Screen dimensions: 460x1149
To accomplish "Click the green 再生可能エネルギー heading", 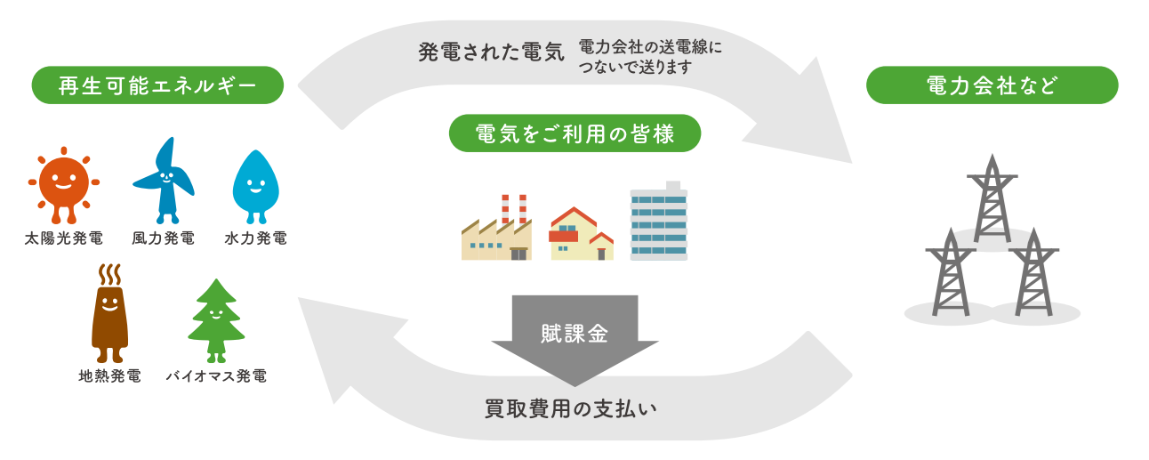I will (x=157, y=85).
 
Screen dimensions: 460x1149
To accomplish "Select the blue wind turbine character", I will (x=164, y=179).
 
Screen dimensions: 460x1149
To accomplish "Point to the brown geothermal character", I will (x=109, y=316).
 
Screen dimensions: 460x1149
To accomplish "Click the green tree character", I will (x=215, y=320).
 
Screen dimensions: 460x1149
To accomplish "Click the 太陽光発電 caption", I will (x=64, y=238).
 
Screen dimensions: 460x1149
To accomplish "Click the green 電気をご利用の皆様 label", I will (x=574, y=133).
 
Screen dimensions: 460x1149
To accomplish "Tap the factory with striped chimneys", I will (x=496, y=231).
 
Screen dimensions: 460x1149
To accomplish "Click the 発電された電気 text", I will (x=491, y=52).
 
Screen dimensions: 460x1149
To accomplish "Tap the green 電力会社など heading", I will (x=992, y=85).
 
